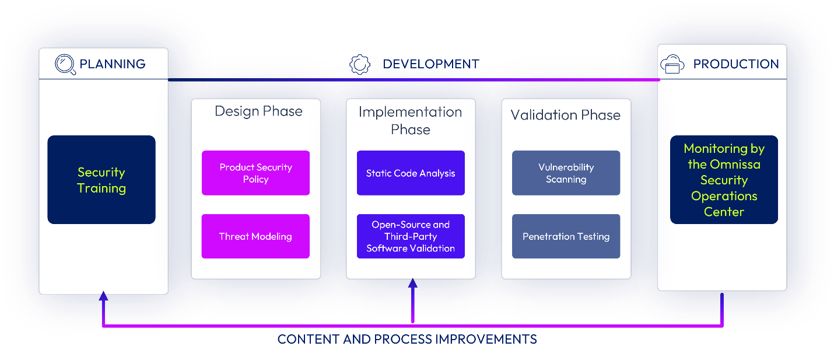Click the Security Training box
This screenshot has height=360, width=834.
[101, 180]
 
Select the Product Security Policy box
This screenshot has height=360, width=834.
[255, 173]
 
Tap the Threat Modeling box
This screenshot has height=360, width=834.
[255, 236]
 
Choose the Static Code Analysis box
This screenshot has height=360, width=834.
[411, 173]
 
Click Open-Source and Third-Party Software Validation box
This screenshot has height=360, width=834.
[411, 236]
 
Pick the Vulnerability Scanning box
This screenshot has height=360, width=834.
[566, 173]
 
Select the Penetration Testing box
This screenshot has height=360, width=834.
[566, 236]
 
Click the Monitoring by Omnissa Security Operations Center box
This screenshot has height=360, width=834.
[724, 180]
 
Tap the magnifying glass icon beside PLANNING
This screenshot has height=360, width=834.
[65, 64]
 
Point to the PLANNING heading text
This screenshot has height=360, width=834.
[113, 64]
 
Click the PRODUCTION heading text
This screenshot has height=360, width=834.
[735, 64]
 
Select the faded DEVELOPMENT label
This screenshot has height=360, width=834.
[430, 64]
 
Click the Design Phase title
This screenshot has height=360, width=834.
[258, 111]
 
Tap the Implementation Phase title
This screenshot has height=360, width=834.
[411, 120]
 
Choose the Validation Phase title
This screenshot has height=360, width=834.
[565, 115]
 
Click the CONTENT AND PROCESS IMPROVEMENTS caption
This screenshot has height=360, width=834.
[407, 339]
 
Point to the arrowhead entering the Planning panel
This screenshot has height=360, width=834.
[103, 296]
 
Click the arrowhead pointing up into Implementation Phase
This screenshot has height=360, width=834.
[413, 284]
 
